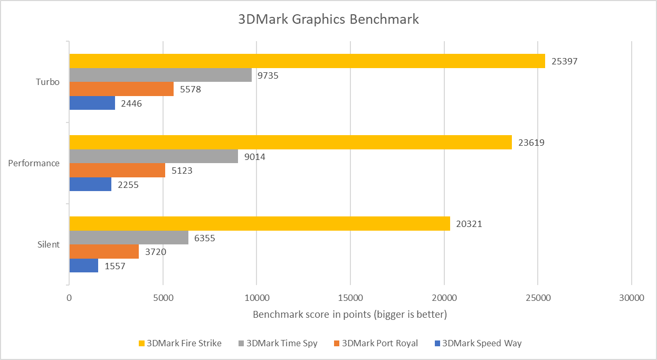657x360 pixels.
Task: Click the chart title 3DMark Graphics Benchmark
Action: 328,20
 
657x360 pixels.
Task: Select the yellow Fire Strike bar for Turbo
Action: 307,61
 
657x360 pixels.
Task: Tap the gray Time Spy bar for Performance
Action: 154,156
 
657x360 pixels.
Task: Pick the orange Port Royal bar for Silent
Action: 104,252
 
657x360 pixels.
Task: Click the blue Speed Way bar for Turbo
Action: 92,103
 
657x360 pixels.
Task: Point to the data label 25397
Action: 564,61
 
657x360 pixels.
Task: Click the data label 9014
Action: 254,157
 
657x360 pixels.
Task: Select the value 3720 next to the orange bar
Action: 155,252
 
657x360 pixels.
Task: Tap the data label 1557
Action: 115,266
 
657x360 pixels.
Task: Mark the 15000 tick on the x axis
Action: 350,298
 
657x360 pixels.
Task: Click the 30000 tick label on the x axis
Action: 632,298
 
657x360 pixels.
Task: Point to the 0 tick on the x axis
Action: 69,298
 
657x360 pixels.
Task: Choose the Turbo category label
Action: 47,82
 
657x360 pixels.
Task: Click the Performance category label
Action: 34,163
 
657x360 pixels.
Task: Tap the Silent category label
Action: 48,245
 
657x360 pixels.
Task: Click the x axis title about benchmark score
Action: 350,315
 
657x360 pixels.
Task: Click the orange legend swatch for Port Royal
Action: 337,344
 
